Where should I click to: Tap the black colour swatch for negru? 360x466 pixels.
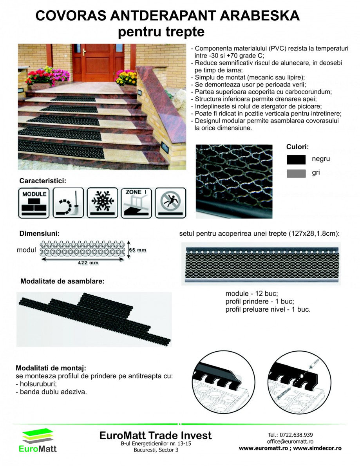[296, 159]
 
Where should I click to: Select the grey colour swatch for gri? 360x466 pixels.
[296, 173]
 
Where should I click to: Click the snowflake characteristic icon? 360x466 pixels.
[102, 202]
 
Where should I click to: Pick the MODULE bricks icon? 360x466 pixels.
[34, 202]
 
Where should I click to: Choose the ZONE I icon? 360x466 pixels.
[136, 202]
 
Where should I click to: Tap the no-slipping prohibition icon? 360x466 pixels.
[170, 202]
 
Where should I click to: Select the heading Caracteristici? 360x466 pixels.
[43, 181]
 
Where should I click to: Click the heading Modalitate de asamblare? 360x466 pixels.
[62, 281]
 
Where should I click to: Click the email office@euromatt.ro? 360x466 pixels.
[290, 441]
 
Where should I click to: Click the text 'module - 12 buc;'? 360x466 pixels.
[251, 294]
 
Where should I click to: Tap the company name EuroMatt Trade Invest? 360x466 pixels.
[156, 435]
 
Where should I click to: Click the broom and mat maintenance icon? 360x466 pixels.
[68, 202]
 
